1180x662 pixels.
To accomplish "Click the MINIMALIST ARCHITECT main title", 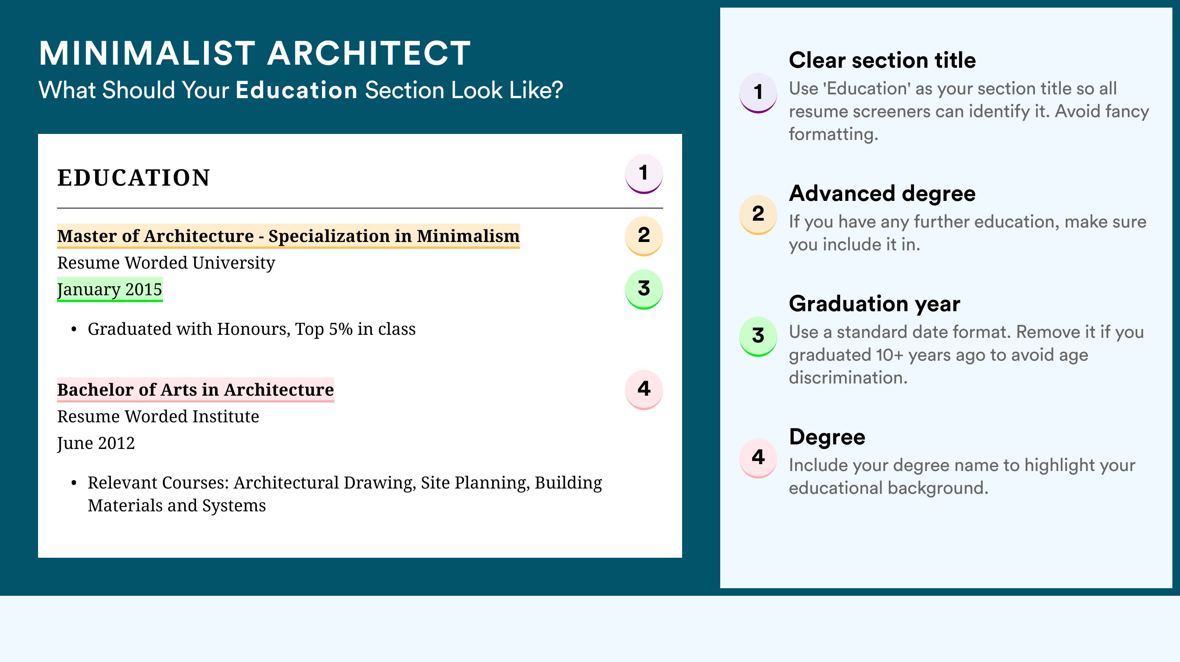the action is pos(255,53).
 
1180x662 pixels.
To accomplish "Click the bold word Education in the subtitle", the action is pos(297,90).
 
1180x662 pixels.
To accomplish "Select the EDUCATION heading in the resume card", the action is pos(133,178).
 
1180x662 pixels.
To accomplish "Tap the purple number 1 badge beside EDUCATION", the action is pos(644,173).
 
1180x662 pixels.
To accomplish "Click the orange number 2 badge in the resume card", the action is pos(644,236).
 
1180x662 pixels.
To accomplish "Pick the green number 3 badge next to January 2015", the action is pos(644,289).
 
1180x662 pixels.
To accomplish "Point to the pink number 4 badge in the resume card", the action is pos(644,390).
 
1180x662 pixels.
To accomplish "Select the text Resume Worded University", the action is pos(166,263).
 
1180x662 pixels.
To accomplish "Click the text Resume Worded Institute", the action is pos(158,416).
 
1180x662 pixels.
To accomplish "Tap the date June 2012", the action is pos(96,443).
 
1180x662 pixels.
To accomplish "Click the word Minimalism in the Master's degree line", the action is pos(468,236).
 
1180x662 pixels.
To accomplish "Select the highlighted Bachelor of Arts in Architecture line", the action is pos(196,390).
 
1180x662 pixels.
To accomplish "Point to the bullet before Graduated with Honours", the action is pos(74,329).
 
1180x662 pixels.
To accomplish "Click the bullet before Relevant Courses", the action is pos(74,484).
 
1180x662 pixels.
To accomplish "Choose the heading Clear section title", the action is pos(882,60).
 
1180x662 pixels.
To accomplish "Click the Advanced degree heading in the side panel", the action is pos(882,194).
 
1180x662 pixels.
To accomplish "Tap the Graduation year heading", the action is pos(874,304).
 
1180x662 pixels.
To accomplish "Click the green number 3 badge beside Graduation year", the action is pos(758,336).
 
